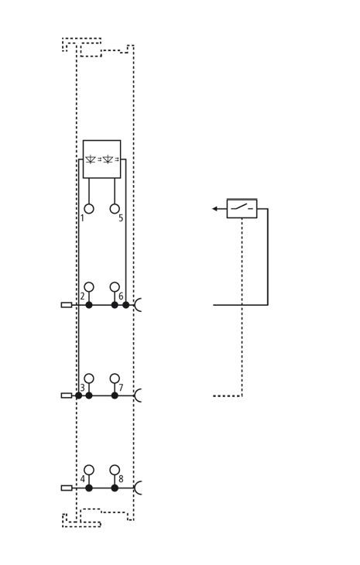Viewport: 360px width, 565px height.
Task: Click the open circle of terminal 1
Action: pos(89,209)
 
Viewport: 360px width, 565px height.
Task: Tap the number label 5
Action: pos(121,218)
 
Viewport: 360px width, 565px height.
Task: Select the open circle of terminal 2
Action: pos(89,287)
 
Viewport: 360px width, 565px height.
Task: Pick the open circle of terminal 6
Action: pos(115,287)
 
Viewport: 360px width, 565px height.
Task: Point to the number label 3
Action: pos(83,388)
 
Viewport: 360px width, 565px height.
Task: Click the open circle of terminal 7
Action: pos(115,378)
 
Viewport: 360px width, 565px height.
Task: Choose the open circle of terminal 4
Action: pos(89,470)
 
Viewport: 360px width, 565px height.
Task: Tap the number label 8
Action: pos(121,479)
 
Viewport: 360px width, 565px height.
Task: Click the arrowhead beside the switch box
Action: pos(215,209)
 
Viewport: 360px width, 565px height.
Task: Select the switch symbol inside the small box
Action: pos(242,208)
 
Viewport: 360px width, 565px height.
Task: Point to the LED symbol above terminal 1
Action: pos(91,159)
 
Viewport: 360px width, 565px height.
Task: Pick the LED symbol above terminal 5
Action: pos(108,159)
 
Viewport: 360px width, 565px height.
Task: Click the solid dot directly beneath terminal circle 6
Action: pos(115,305)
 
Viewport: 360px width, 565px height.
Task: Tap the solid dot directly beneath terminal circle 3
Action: pos(89,395)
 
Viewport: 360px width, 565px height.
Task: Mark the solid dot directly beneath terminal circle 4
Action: pos(89,488)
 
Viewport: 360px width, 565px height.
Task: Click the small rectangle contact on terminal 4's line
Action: pos(67,488)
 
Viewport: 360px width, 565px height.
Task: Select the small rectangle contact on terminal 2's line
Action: pos(67,305)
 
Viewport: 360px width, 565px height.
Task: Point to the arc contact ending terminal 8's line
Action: pos(137,488)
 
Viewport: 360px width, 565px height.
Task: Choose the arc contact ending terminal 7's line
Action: pos(137,395)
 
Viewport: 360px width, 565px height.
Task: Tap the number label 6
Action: pos(121,296)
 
